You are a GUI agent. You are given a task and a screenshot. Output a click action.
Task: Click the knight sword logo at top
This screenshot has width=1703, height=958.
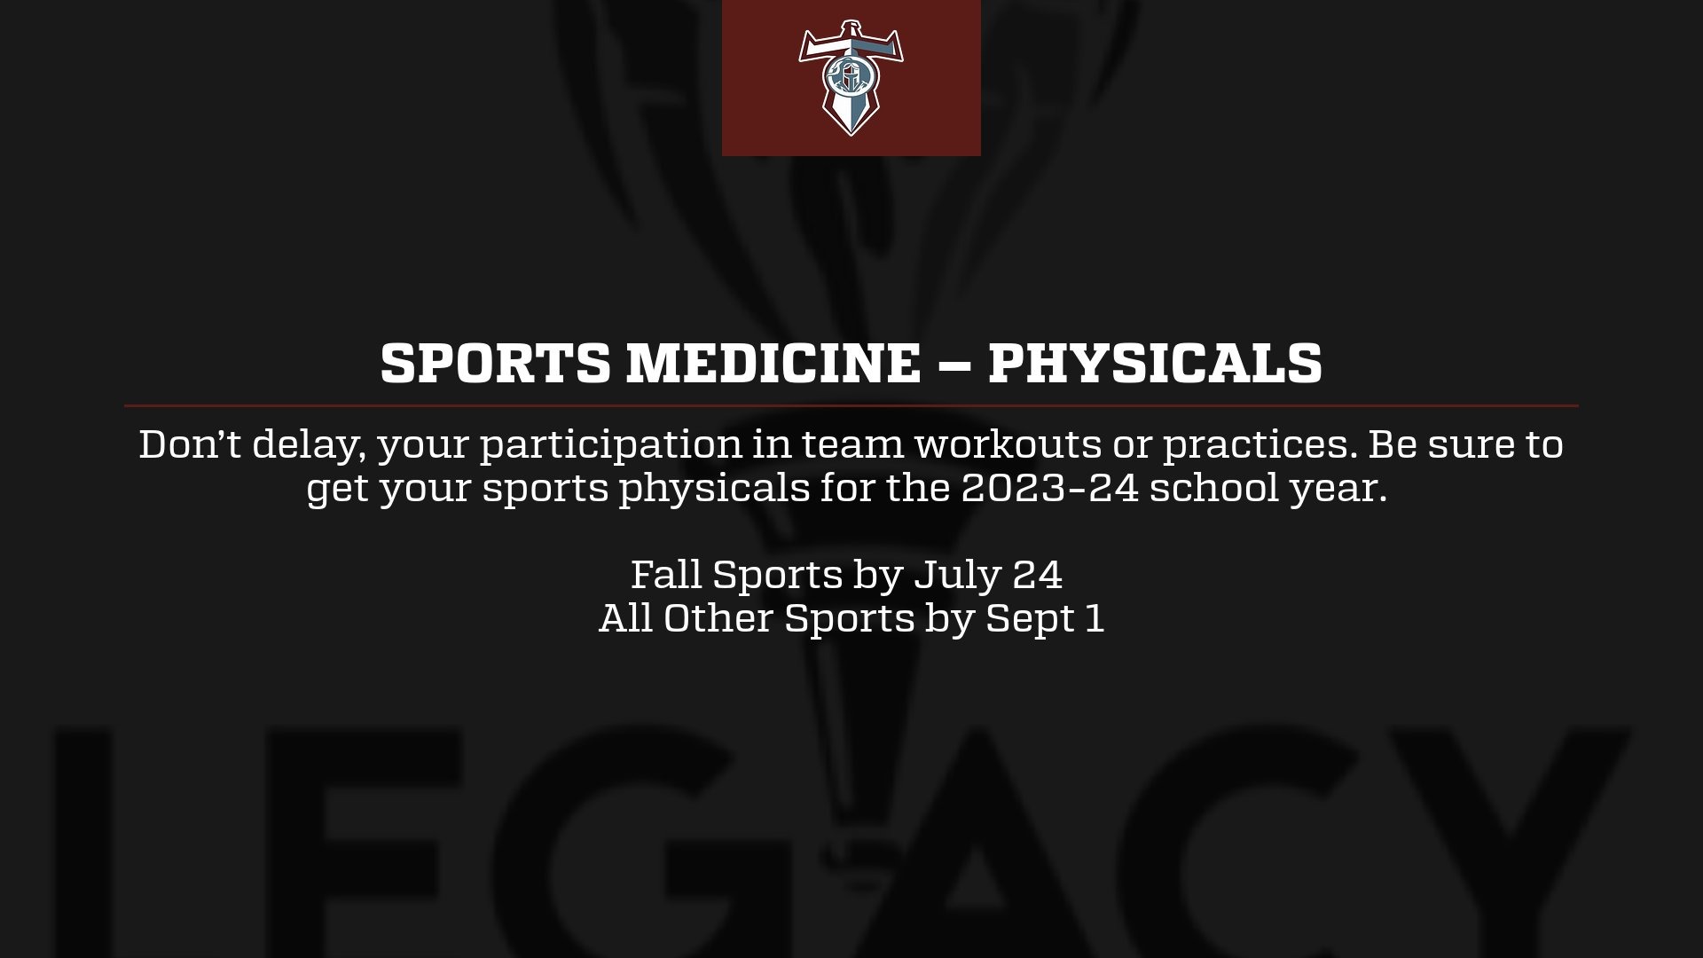851,78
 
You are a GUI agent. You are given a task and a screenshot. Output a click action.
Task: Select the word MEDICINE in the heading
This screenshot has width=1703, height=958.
773,363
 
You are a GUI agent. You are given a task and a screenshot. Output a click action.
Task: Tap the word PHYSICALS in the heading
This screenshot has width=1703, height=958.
1155,363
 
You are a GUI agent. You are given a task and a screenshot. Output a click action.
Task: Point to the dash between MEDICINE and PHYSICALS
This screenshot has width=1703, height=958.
954,364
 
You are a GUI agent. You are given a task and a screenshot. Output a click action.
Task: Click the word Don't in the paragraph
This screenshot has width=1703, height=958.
189,444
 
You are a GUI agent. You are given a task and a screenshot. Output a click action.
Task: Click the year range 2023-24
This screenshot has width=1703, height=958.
1049,489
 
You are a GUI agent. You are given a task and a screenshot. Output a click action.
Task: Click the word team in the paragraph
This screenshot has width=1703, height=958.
852,444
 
